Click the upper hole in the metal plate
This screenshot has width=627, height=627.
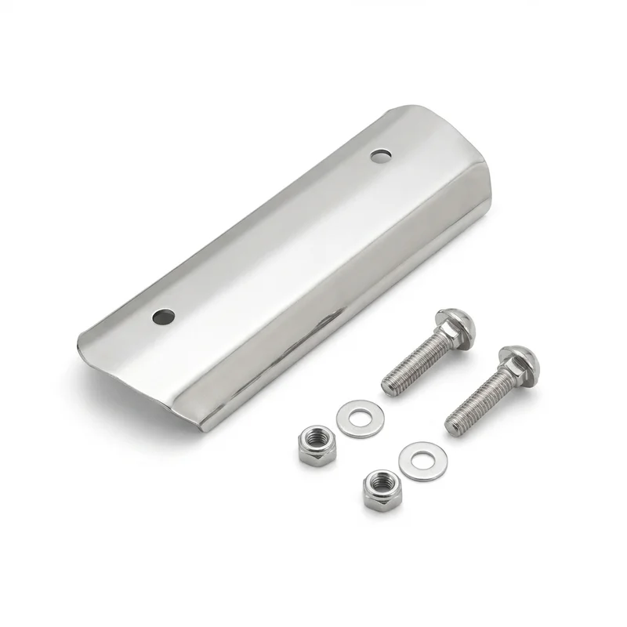[x=381, y=155]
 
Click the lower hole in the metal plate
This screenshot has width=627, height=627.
[x=164, y=317]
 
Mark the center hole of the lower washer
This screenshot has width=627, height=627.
[x=419, y=460]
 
